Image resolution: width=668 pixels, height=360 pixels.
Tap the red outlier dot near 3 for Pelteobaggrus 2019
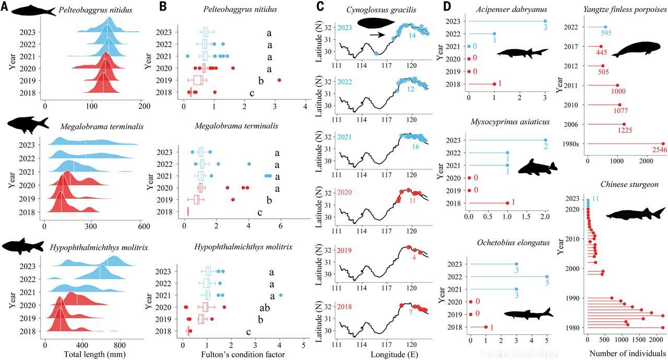coord(279,80)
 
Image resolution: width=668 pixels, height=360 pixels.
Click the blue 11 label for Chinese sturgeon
coord(595,199)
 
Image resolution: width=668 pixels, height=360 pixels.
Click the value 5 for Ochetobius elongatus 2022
coord(547,284)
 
